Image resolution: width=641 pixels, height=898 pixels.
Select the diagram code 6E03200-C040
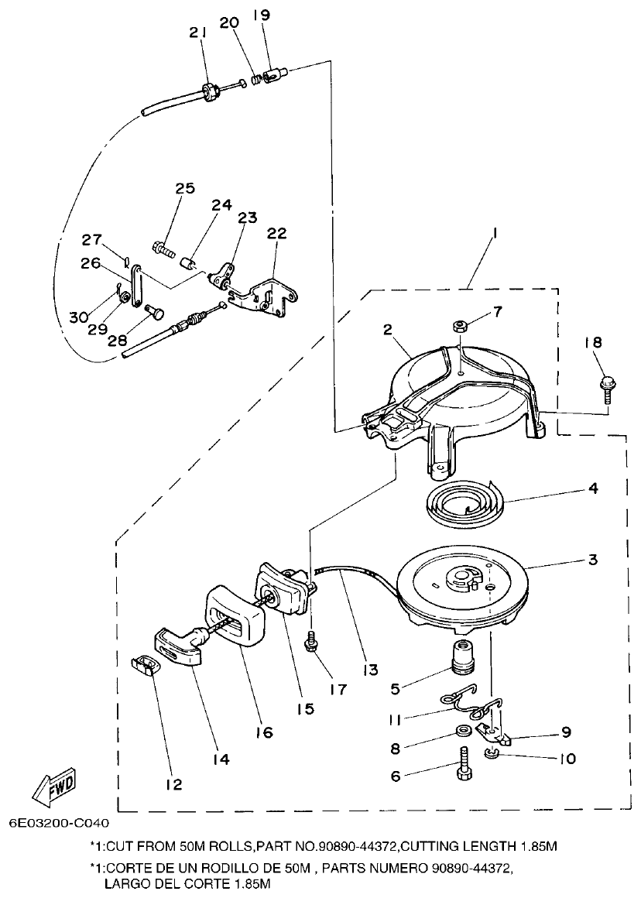(60, 823)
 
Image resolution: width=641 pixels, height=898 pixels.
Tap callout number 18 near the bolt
(597, 343)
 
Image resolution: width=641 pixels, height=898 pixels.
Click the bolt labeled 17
(314, 640)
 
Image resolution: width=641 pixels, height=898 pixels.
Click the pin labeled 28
(154, 314)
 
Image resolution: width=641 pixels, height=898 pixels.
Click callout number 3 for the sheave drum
(592, 559)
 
